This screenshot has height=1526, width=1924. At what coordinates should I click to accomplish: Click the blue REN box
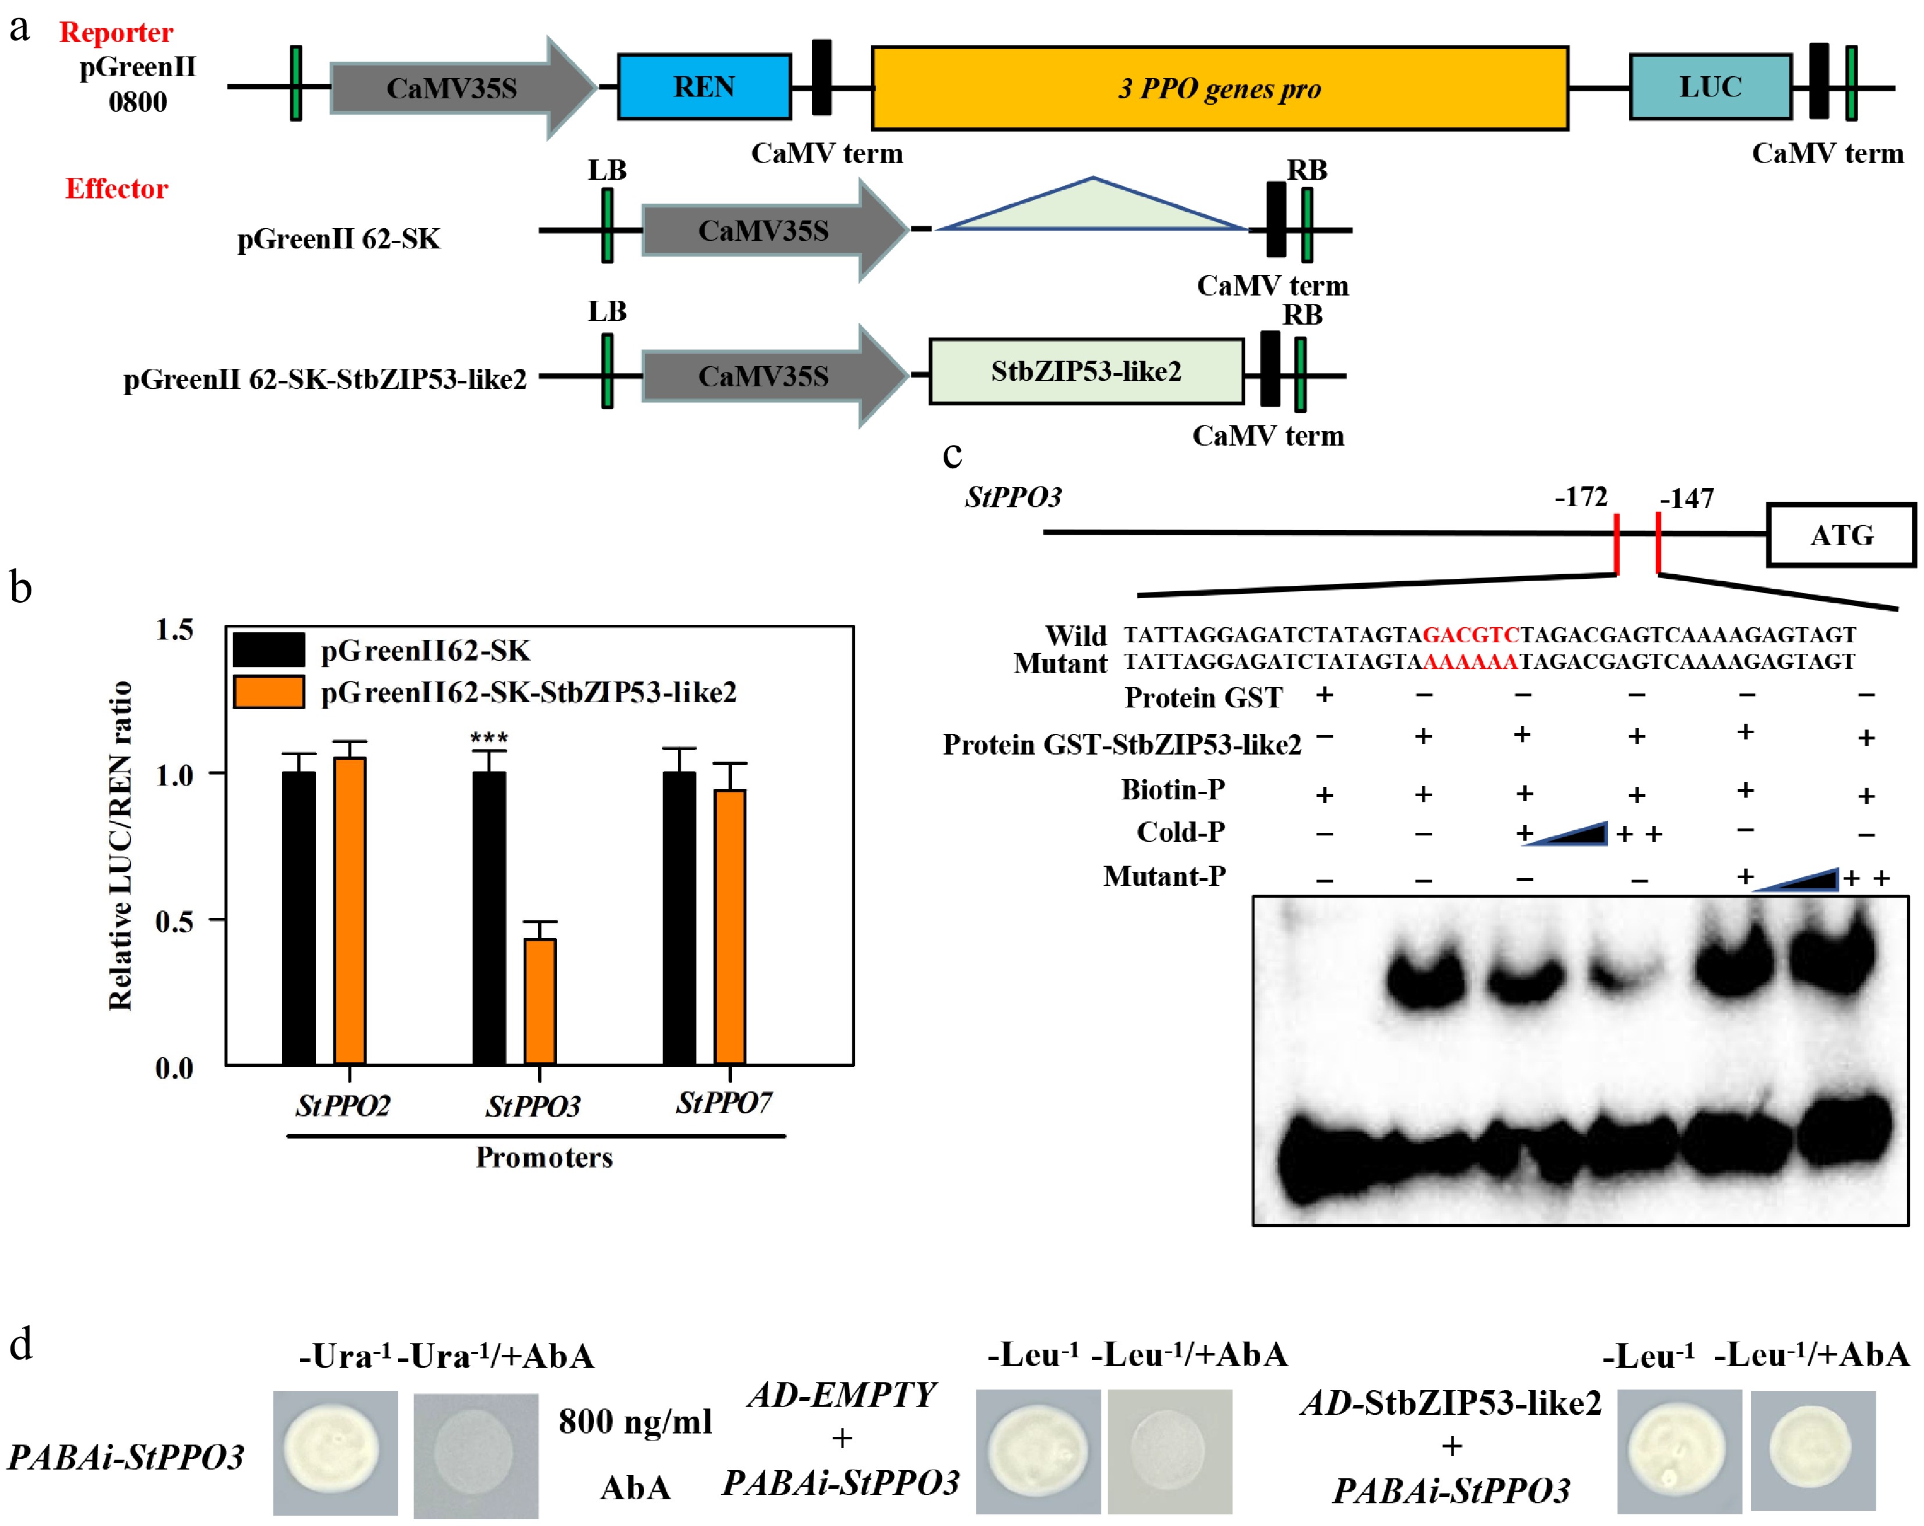pos(704,87)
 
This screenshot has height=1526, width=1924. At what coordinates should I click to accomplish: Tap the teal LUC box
pos(1710,87)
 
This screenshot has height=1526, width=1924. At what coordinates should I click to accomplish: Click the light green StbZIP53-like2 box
pos(1086,371)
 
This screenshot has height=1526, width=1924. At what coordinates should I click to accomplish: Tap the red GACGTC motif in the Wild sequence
pos(1471,635)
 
